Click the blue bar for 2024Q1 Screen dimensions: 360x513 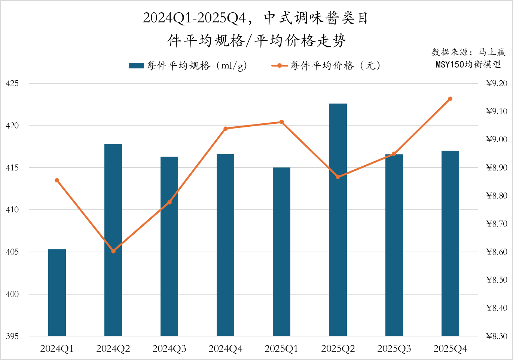click(x=57, y=292)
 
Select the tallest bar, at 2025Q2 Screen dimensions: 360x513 click(x=338, y=219)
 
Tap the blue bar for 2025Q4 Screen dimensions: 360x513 click(x=450, y=243)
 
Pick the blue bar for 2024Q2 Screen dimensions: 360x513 click(x=113, y=240)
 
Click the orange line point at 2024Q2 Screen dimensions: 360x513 click(x=113, y=251)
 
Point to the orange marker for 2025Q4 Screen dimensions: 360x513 click(x=450, y=99)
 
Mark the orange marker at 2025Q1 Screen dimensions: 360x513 click(x=282, y=122)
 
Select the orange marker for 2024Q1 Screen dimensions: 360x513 click(x=57, y=181)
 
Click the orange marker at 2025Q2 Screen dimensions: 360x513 click(x=338, y=177)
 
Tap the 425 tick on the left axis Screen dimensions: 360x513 click(x=12, y=83)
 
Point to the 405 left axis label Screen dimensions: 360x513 click(x=12, y=252)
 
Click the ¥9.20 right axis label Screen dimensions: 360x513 click(x=497, y=83)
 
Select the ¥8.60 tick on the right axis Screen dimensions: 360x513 click(x=497, y=252)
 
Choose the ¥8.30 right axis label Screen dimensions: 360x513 click(x=497, y=336)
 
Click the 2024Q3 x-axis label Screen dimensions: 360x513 click(x=169, y=349)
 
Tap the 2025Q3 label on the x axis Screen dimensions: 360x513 click(x=394, y=349)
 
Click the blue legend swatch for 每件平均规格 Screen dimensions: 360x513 click(x=136, y=66)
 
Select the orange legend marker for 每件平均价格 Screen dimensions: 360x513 click(x=280, y=66)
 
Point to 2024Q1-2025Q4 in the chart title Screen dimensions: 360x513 click(x=195, y=18)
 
